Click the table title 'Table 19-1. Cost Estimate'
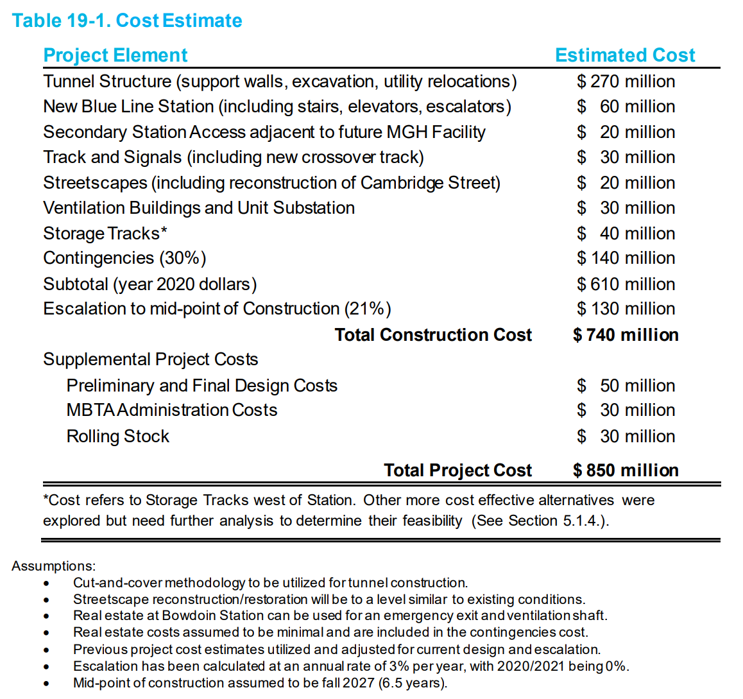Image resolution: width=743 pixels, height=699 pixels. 126,21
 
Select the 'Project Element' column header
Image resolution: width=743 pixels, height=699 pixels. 115,55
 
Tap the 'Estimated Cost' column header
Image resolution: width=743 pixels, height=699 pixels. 624,55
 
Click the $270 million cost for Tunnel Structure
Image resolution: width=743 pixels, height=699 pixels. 626,82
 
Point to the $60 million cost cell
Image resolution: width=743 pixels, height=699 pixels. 626,107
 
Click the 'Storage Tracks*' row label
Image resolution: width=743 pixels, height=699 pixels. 105,233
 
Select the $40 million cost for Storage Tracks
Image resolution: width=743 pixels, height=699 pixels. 626,233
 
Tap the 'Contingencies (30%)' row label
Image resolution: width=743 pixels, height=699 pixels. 124,258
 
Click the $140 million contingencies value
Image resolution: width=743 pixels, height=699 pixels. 626,258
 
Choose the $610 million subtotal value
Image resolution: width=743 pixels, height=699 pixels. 626,284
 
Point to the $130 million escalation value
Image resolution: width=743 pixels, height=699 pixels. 626,309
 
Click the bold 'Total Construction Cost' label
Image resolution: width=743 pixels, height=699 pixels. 433,335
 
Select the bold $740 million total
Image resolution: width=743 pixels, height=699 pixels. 626,335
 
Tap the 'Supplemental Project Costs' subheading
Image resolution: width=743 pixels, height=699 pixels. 151,359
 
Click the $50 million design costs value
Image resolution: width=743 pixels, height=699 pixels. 626,386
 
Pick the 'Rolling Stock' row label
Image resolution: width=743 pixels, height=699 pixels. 118,436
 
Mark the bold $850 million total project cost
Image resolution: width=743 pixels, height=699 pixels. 626,470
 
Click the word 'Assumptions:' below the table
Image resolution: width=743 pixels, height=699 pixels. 53,566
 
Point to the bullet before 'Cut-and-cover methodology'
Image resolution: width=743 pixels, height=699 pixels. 46,583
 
